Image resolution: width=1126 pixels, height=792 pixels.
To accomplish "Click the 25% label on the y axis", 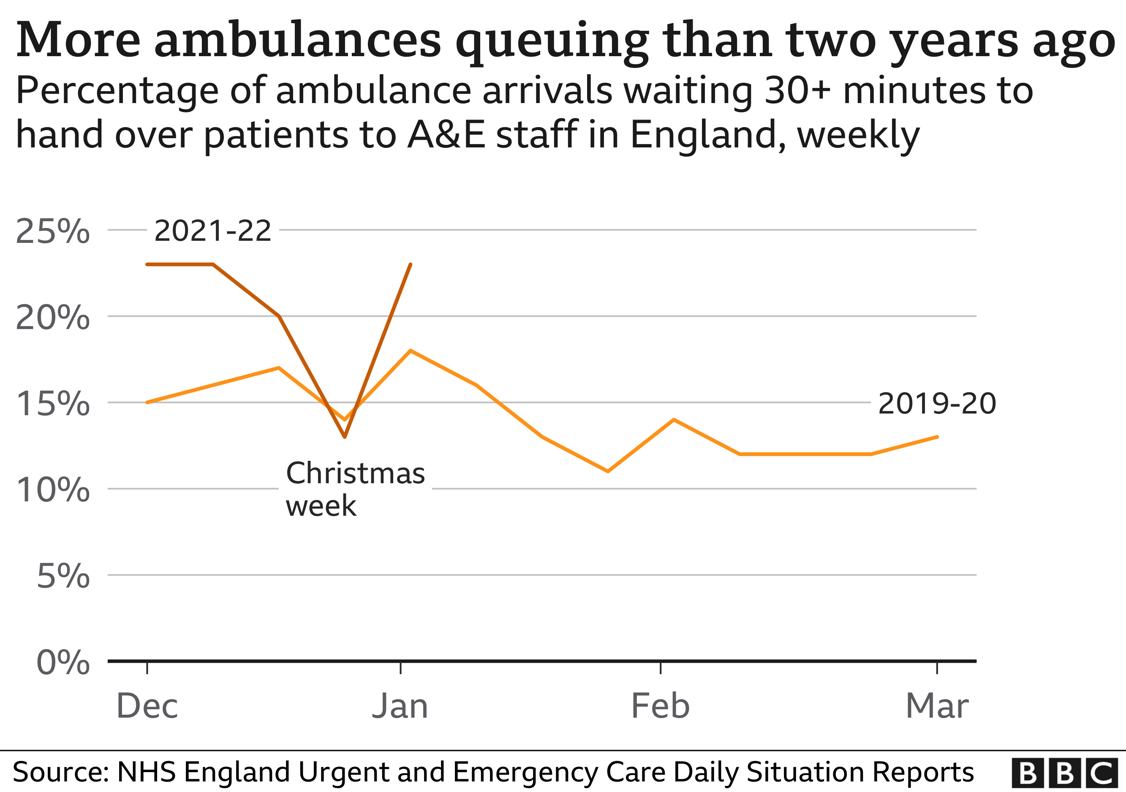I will tap(52, 231).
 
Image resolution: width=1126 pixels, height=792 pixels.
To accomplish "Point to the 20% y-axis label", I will tap(52, 318).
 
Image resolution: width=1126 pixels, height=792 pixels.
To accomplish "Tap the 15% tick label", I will tap(52, 404).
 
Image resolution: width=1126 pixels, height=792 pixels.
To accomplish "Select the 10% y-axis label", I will tap(52, 490).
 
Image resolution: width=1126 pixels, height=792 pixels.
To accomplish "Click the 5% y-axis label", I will tap(63, 576).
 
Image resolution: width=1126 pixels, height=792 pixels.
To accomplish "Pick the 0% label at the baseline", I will tap(63, 662).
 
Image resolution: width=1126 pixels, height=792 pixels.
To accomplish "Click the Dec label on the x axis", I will tap(147, 706).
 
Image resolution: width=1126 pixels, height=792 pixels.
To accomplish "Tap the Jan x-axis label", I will tap(400, 706).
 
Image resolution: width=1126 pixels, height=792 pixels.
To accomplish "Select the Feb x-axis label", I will tap(660, 706).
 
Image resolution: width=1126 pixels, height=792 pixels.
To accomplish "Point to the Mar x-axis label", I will tap(937, 706).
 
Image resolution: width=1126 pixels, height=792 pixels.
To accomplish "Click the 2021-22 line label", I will tap(212, 231).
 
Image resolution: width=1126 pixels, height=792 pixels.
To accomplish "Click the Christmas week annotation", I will tap(355, 489).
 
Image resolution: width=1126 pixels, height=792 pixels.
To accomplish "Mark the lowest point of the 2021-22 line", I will tap(345, 436).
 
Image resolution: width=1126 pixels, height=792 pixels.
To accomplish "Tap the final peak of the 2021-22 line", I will tap(411, 264).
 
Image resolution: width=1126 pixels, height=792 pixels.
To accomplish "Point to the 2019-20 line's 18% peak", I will tap(410, 351).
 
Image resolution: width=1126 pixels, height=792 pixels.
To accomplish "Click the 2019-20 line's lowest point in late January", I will tap(608, 471).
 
